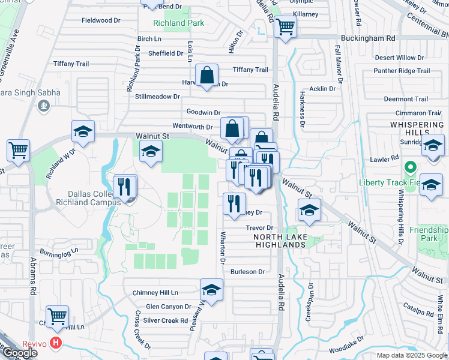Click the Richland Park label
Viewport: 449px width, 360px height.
click(x=179, y=23)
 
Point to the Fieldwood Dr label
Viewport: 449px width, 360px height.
click(x=101, y=20)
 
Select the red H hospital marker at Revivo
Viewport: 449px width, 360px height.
click(x=56, y=343)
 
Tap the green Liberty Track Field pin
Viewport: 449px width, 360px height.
click(x=411, y=167)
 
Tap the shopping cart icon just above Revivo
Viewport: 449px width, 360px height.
click(x=57, y=316)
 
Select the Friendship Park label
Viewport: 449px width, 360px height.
click(x=429, y=234)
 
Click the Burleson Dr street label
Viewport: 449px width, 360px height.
click(x=247, y=272)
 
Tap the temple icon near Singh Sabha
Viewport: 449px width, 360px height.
click(x=43, y=106)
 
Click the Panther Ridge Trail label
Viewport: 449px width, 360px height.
click(x=402, y=71)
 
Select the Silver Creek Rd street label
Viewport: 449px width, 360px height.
click(x=165, y=321)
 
